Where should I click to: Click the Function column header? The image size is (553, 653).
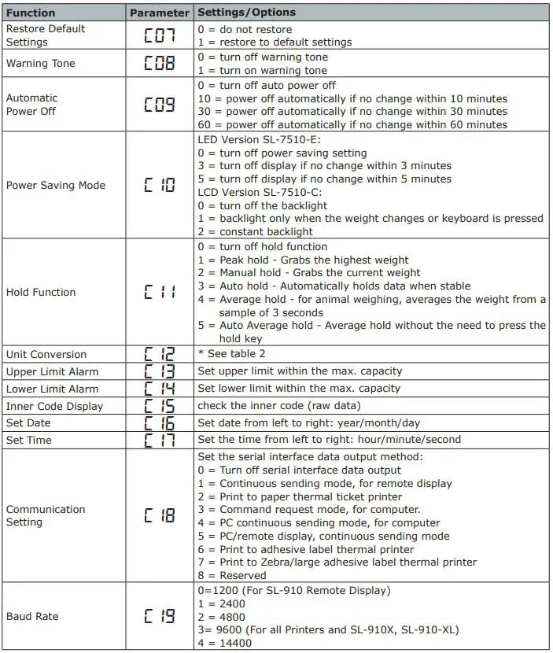click(31, 13)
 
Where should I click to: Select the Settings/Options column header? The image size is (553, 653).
click(246, 13)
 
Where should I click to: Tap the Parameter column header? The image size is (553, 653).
click(159, 13)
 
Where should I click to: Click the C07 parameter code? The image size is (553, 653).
click(159, 35)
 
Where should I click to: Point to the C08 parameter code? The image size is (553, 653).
click(159, 64)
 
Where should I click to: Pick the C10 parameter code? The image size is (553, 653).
click(159, 186)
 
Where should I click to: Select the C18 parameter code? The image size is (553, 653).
click(159, 515)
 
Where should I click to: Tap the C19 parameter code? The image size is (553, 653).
click(159, 617)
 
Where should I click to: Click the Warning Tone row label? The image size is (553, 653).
click(41, 64)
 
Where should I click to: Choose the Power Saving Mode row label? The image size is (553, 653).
click(56, 186)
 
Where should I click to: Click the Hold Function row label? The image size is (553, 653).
click(41, 292)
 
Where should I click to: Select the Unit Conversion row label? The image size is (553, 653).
click(46, 354)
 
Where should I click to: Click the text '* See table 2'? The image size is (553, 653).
click(231, 354)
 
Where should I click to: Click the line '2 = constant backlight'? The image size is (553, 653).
click(256, 231)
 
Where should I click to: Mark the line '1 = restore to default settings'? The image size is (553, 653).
click(275, 42)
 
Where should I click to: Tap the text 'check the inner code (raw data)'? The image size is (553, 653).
click(279, 406)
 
